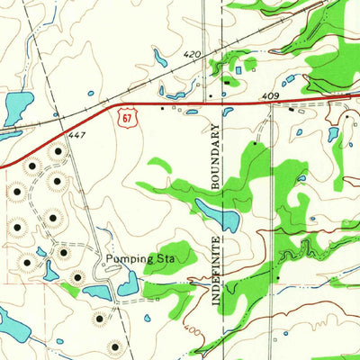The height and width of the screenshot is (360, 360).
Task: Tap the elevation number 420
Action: pyautogui.click(x=192, y=55)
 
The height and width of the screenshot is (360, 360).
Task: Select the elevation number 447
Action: pyautogui.click(x=77, y=134)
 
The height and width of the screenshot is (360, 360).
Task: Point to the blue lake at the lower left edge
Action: pyautogui.click(x=11, y=321)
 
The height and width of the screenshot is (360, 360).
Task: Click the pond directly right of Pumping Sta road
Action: pyautogui.click(x=128, y=286)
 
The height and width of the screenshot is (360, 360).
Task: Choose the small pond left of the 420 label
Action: pyautogui.click(x=160, y=59)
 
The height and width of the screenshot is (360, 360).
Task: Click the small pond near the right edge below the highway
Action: pyautogui.click(x=333, y=134)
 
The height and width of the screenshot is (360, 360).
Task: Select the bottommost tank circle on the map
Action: pyautogui.click(x=113, y=346)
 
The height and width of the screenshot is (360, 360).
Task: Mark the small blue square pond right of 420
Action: pyautogui.click(x=238, y=69)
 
